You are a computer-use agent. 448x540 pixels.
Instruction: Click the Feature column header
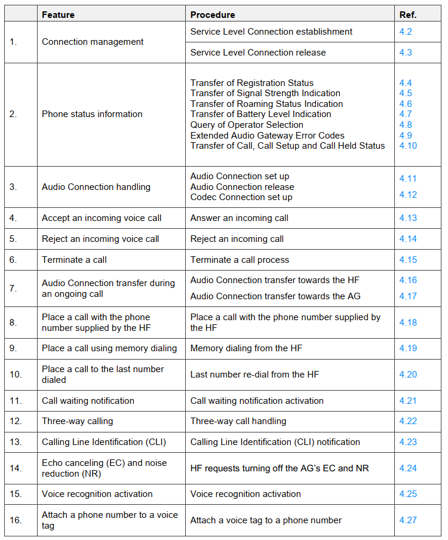coord(59,14)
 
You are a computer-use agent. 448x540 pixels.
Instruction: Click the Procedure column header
coord(212,14)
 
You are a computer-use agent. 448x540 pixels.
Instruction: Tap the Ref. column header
coord(408,14)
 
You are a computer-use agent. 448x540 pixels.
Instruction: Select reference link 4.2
coord(406,32)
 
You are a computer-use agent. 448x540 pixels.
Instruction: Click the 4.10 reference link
coord(408,146)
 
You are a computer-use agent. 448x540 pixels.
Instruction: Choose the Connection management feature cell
coord(93,42)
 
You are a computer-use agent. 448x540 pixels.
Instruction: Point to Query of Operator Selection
coord(247,125)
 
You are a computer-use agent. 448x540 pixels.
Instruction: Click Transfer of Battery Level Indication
coord(260,114)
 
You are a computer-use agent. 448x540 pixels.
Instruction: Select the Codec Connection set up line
coord(241,197)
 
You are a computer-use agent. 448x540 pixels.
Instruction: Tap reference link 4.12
coord(408,195)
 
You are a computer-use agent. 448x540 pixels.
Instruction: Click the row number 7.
coord(13,288)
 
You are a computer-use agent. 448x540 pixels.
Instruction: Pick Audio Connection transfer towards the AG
coord(275,296)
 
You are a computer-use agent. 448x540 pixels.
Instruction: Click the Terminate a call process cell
coord(240,260)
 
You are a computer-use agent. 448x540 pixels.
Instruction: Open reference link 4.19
coord(408,348)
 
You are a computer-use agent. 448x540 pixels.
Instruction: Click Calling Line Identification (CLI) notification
coord(275,442)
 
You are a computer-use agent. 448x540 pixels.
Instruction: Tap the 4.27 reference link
coord(408,520)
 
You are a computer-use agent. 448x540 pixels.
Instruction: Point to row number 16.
coord(15,520)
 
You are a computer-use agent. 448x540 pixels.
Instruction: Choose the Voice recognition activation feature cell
coord(97,494)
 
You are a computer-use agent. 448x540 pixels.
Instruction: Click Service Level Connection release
coord(258,53)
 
